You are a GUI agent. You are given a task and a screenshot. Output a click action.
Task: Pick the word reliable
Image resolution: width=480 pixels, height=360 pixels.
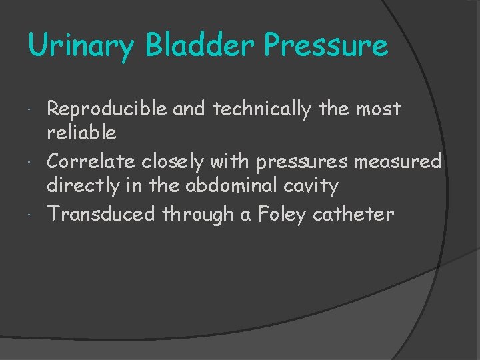(81, 133)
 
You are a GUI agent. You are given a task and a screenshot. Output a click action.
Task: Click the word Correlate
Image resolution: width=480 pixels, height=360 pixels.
(92, 161)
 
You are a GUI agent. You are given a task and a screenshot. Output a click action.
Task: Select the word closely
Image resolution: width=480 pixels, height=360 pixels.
(177, 162)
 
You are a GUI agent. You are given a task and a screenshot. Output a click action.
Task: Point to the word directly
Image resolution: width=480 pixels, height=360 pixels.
(85, 185)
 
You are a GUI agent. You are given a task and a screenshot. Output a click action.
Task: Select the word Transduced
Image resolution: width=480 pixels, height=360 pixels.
(101, 214)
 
